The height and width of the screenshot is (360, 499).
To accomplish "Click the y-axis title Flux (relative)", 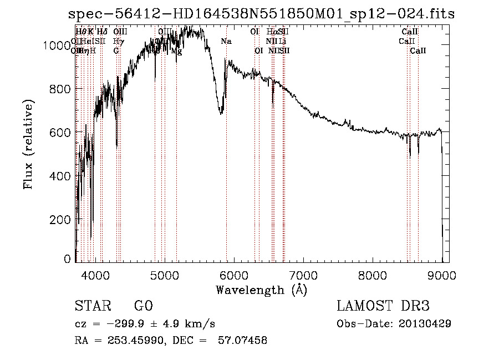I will (x=28, y=144).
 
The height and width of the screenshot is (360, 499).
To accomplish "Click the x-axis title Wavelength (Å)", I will (x=261, y=290).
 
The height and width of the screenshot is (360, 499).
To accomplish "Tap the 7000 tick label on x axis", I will (x=303, y=275).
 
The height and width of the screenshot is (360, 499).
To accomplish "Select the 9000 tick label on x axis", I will (x=442, y=275).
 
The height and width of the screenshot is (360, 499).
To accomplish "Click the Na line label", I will (x=226, y=41).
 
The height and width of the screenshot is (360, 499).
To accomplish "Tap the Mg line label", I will (x=176, y=51).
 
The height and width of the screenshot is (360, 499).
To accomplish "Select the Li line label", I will (x=283, y=41).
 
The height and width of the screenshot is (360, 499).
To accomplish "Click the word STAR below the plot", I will (x=91, y=306).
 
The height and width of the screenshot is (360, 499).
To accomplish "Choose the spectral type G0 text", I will (x=143, y=306).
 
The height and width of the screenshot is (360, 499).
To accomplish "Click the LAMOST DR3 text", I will (x=383, y=306).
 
